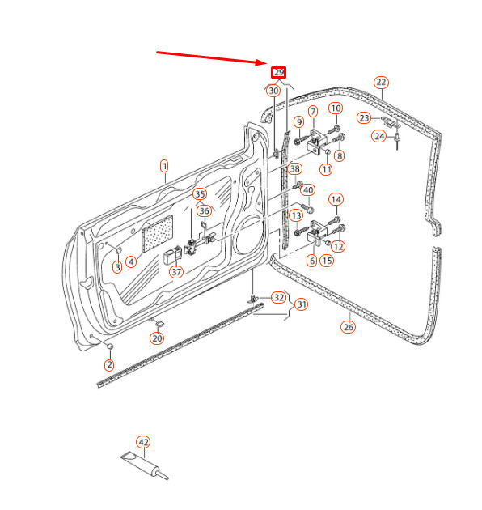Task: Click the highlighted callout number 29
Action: tap(278, 72)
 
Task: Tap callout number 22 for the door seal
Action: tap(381, 82)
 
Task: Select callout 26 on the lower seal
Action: tap(349, 327)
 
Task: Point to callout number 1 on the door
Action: tap(164, 167)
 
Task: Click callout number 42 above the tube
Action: tap(143, 442)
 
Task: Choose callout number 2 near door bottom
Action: tap(109, 365)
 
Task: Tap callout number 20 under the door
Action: tap(157, 338)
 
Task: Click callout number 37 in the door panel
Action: tap(176, 271)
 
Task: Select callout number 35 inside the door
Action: tap(200, 194)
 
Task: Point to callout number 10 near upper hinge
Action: tap(336, 108)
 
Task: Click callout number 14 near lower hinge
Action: tap(336, 199)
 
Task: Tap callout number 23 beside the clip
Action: tap(365, 118)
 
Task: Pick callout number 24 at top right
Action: tap(380, 136)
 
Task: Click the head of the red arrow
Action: tap(264, 63)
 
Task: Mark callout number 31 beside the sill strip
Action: tap(301, 304)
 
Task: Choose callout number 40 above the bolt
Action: tap(308, 190)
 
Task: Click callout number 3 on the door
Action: tap(117, 266)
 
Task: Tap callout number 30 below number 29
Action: tap(273, 91)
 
